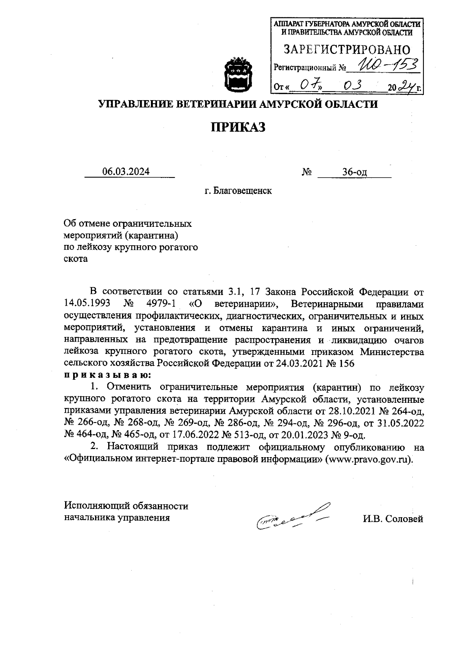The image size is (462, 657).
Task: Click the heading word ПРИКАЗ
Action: coord(238,127)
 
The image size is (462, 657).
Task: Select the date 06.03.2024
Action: coord(126,172)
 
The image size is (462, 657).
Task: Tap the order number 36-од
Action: coord(355,172)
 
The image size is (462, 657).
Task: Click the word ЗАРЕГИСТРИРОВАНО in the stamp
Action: coord(347,50)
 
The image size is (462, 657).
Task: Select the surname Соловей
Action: coord(404,519)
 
